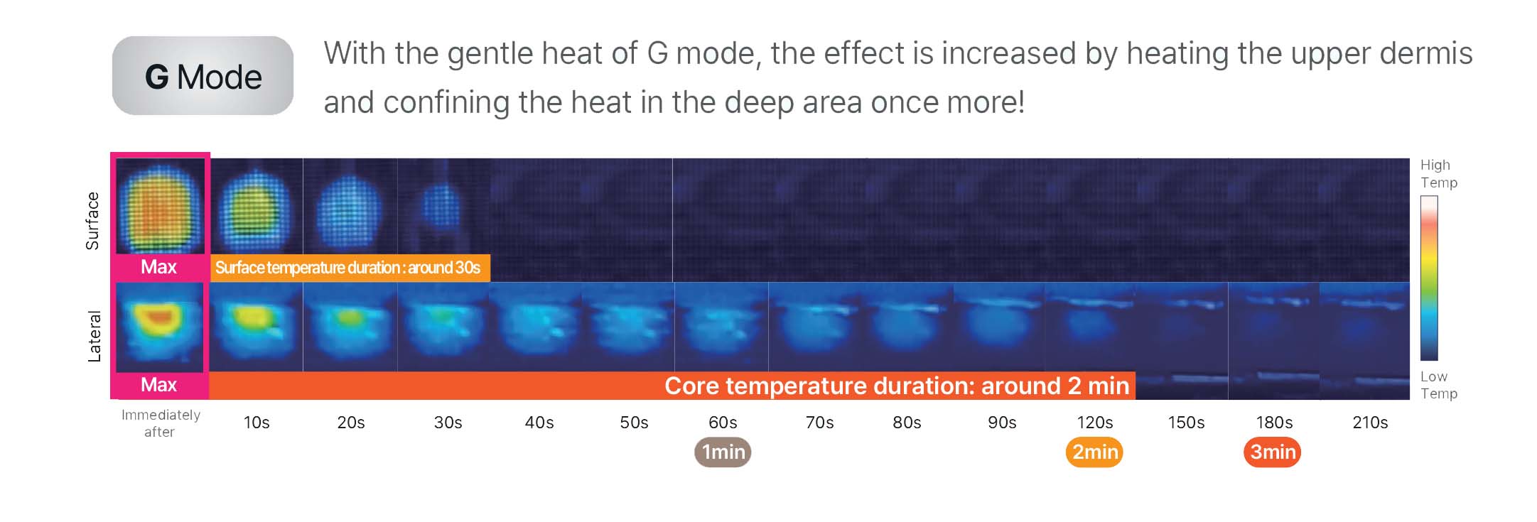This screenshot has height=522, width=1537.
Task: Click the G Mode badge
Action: coord(203,76)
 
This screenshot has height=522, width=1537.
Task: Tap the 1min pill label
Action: coord(723,452)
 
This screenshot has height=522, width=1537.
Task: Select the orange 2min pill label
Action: coord(1094,452)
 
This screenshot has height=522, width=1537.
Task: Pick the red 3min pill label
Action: coord(1273,452)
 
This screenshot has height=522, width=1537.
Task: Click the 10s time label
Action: coord(257,423)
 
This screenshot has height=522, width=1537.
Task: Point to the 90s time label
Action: coord(1002,423)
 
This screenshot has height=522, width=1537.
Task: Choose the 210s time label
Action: coord(1370,423)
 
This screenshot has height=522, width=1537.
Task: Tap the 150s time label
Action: coord(1186,423)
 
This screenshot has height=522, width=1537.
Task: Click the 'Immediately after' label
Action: coord(161,423)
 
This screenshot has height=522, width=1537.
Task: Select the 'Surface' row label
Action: coord(92,221)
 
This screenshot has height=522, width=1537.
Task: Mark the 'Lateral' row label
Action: coord(94,337)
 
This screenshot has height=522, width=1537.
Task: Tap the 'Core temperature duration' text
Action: coord(897,386)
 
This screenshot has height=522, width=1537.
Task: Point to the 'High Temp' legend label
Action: coord(1438,173)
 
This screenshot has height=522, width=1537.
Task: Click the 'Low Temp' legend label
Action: coord(1438,385)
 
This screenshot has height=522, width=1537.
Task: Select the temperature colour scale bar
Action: coord(1429,278)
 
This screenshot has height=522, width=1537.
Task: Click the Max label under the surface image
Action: coord(158,267)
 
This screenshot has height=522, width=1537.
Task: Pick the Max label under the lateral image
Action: coord(158,385)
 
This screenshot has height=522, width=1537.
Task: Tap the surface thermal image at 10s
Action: coord(257,206)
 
